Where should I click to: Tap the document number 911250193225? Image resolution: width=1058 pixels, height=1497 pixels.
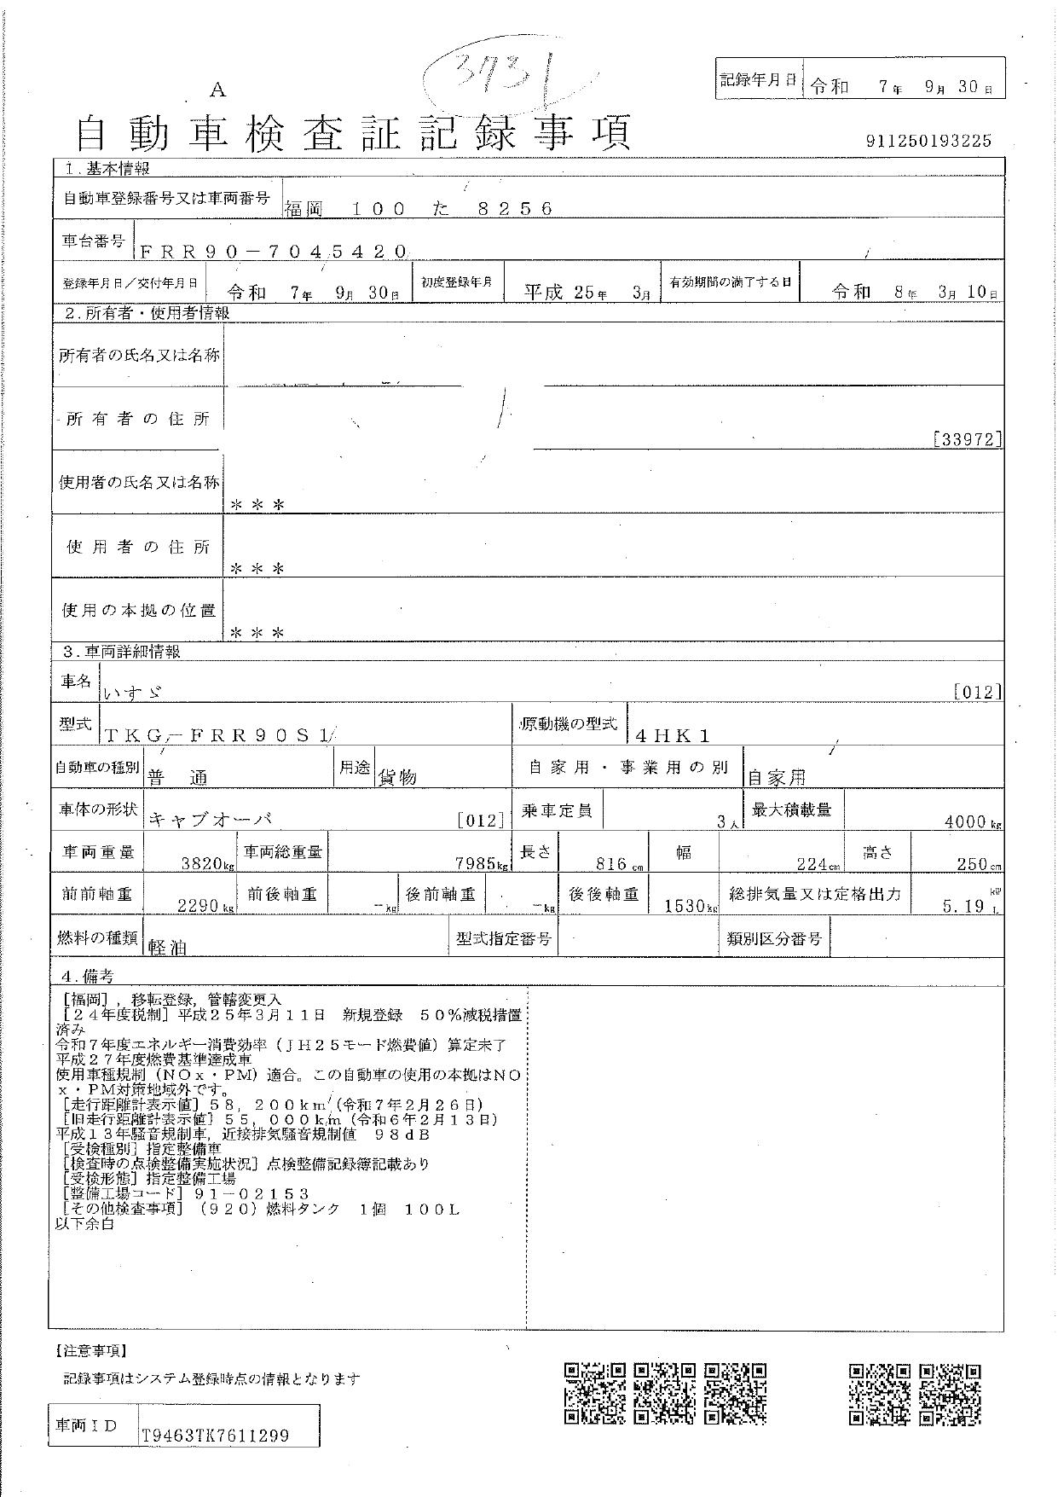(928, 141)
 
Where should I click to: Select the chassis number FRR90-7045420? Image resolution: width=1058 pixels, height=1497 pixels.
(273, 251)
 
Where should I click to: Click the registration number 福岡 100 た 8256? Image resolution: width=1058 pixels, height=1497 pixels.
(419, 207)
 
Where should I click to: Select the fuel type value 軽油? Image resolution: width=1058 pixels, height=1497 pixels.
(168, 948)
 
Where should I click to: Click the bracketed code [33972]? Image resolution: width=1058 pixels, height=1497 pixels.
(968, 440)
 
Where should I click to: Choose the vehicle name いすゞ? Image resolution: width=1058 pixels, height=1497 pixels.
(131, 693)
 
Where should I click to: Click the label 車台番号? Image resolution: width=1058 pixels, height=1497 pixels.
(92, 242)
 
